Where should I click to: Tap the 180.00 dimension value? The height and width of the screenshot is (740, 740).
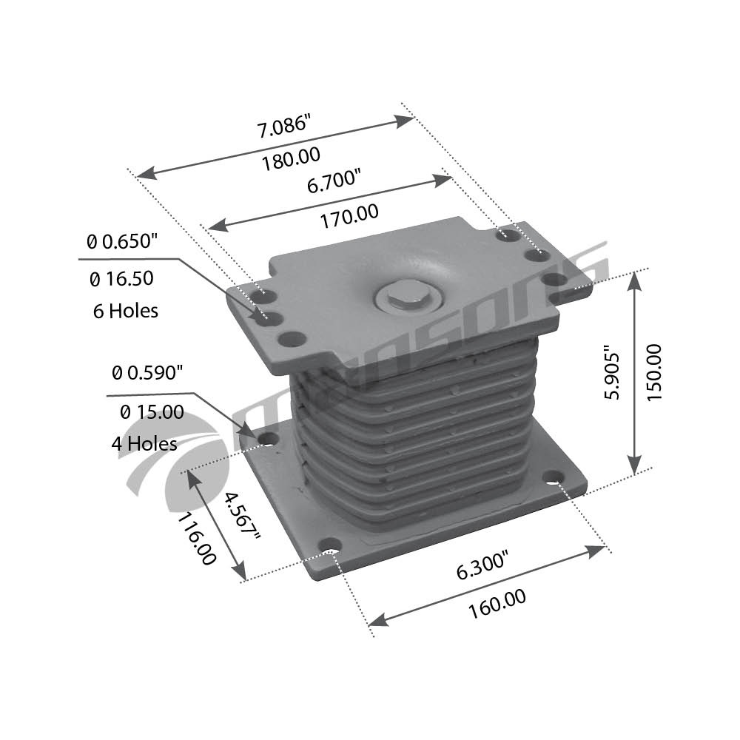291,158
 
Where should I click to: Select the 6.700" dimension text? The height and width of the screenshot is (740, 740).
334,182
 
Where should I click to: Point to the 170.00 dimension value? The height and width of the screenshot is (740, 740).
349,215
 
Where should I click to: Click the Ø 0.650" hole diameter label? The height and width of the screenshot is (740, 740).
122,242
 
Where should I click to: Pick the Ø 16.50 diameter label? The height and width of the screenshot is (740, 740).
121,278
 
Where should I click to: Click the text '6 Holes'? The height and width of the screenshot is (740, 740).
126,311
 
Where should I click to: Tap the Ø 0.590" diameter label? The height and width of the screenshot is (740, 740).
147,373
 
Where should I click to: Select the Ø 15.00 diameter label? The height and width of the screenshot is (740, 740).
152,412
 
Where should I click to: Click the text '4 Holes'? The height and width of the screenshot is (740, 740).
144,443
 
